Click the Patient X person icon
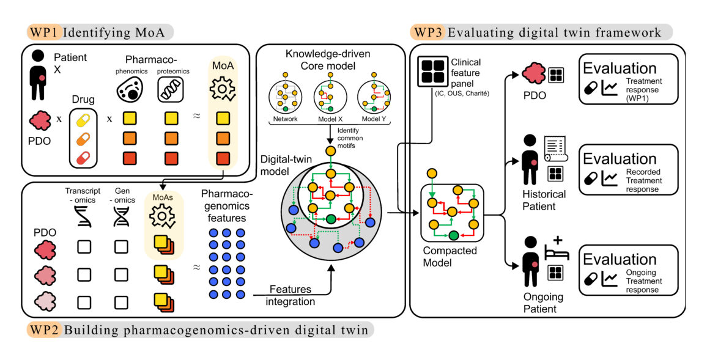(39, 75)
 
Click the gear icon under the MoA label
(222, 89)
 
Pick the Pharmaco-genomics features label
(228, 205)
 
